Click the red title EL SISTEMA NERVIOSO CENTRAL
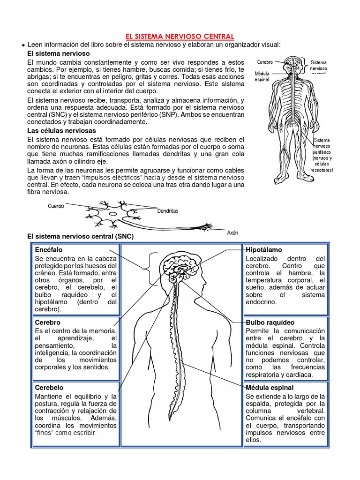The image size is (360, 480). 180,36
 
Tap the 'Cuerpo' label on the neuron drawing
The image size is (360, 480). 56,205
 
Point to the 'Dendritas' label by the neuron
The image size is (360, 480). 168,211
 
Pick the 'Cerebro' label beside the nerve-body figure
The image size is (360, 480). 264,61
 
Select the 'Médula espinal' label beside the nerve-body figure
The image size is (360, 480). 263,77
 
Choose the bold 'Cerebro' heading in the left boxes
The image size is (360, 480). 48,322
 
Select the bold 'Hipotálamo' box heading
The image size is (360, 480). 264,250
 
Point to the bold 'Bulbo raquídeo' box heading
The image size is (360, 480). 270,322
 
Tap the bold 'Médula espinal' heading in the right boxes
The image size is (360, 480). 270,388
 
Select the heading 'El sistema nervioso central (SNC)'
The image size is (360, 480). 81,237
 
